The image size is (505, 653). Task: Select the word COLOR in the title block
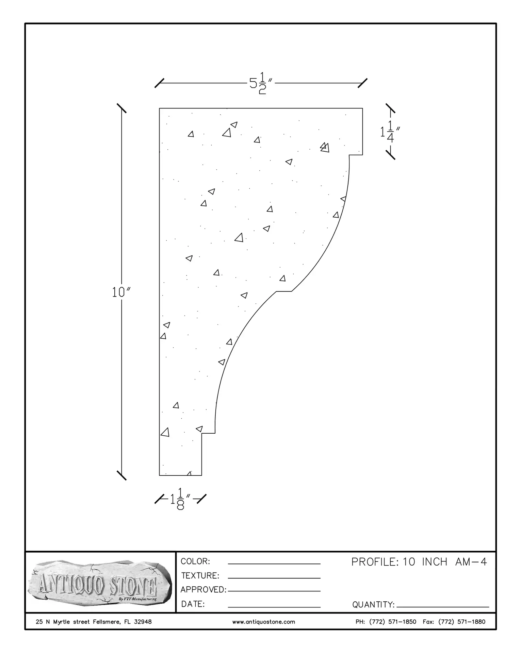tap(195, 561)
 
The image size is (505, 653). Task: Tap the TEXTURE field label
tap(200, 575)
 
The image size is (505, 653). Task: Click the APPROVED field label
tap(203, 589)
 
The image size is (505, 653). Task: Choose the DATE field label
tap(193, 604)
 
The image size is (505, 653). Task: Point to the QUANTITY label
tap(373, 604)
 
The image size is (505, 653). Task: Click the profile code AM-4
tap(471, 562)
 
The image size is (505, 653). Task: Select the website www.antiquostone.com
tap(264, 622)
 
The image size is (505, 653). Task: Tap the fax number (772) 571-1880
tap(462, 622)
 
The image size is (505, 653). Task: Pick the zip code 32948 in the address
tap(143, 622)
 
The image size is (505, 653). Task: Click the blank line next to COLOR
tap(274, 564)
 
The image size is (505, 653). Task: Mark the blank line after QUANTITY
tap(443, 606)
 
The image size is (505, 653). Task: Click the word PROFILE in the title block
tap(373, 562)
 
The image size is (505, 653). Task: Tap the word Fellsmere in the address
tap(106, 622)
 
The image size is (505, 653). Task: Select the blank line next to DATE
tap(274, 606)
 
